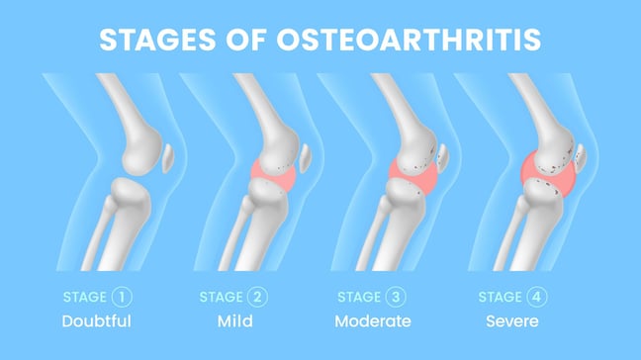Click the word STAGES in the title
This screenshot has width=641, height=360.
(x=158, y=41)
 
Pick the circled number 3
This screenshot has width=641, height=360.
(x=399, y=296)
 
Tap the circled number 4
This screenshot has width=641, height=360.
(x=535, y=296)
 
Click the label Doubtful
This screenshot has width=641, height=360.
(x=96, y=320)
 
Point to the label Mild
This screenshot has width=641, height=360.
(x=232, y=320)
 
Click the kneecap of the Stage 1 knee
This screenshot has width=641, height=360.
(x=169, y=158)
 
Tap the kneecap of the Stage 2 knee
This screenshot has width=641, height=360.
(x=307, y=158)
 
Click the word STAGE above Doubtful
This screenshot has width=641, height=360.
(x=83, y=296)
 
